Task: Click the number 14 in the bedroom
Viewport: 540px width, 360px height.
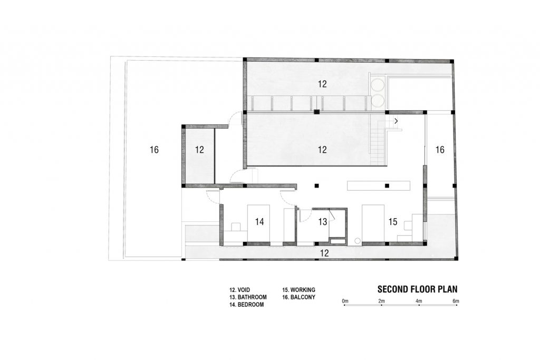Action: click(x=259, y=222)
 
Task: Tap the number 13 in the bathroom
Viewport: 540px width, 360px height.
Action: click(x=322, y=222)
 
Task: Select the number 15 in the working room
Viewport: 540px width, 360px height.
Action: click(x=392, y=222)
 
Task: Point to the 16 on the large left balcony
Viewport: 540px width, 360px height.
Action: click(x=154, y=150)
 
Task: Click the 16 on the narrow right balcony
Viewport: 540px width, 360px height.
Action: click(x=440, y=150)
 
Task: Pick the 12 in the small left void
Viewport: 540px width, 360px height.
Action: click(x=199, y=150)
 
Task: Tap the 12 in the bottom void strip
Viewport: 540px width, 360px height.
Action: click(x=324, y=254)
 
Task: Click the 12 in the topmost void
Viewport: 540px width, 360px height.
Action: click(x=322, y=84)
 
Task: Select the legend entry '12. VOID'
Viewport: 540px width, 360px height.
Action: click(x=240, y=290)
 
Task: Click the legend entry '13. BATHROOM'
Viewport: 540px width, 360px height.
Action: click(x=248, y=297)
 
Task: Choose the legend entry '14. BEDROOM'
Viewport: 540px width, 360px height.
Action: click(x=247, y=305)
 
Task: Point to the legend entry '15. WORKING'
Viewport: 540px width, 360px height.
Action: click(x=298, y=290)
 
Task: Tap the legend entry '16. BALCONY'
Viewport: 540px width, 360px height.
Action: click(x=298, y=297)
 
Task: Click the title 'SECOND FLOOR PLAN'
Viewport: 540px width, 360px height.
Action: click(x=418, y=289)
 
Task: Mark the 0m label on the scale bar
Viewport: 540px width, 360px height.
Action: click(x=345, y=301)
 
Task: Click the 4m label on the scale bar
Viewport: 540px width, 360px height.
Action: click(x=419, y=301)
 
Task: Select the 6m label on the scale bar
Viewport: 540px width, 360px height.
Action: click(x=456, y=301)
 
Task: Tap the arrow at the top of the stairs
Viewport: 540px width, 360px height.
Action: click(x=397, y=121)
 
